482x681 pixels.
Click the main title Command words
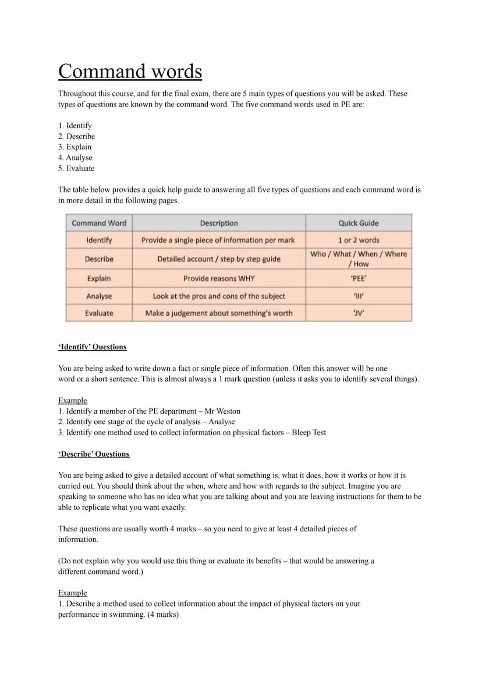coord(130,72)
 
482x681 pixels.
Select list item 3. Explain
coord(75,147)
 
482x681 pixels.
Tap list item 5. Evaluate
coord(76,168)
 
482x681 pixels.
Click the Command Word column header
coord(99,223)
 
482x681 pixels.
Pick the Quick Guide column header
coord(359,223)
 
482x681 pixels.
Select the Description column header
coord(219,223)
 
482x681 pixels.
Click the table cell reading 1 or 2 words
coord(359,240)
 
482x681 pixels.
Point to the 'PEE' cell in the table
coord(359,278)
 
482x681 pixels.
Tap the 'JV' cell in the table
coord(359,313)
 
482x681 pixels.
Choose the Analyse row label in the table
coord(99,296)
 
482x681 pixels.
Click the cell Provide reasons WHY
coord(219,278)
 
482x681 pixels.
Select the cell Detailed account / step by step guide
coord(219,259)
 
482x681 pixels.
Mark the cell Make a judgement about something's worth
coord(219,313)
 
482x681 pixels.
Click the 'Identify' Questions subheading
coord(93,347)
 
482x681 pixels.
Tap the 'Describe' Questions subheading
coord(94,454)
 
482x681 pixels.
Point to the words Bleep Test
coord(309,432)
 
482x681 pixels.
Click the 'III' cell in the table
coord(359,296)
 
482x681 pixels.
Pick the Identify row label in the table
coord(99,240)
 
